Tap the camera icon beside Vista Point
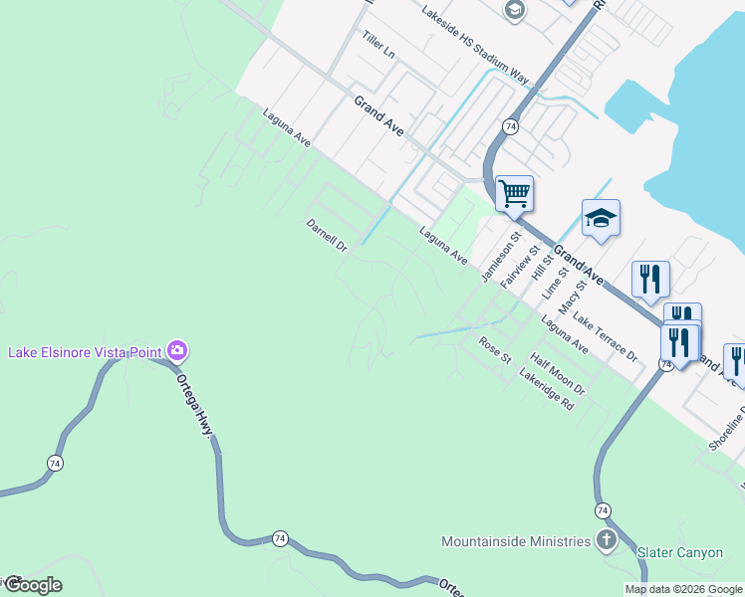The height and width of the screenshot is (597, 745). tap(177, 350)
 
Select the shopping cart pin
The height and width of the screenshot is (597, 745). tap(514, 193)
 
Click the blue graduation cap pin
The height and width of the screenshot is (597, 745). tap(601, 218)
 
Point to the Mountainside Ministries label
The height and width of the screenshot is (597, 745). tap(516, 542)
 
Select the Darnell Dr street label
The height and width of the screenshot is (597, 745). tap(326, 235)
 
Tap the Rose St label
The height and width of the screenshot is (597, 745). tap(494, 349)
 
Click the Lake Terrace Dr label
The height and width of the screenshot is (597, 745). tap(605, 335)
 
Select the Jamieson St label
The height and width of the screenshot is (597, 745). tap(501, 258)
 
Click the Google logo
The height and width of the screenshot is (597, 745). tap(32, 585)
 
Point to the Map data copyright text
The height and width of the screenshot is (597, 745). tap(682, 589)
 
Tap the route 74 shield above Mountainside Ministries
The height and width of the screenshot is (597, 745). tap(603, 510)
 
